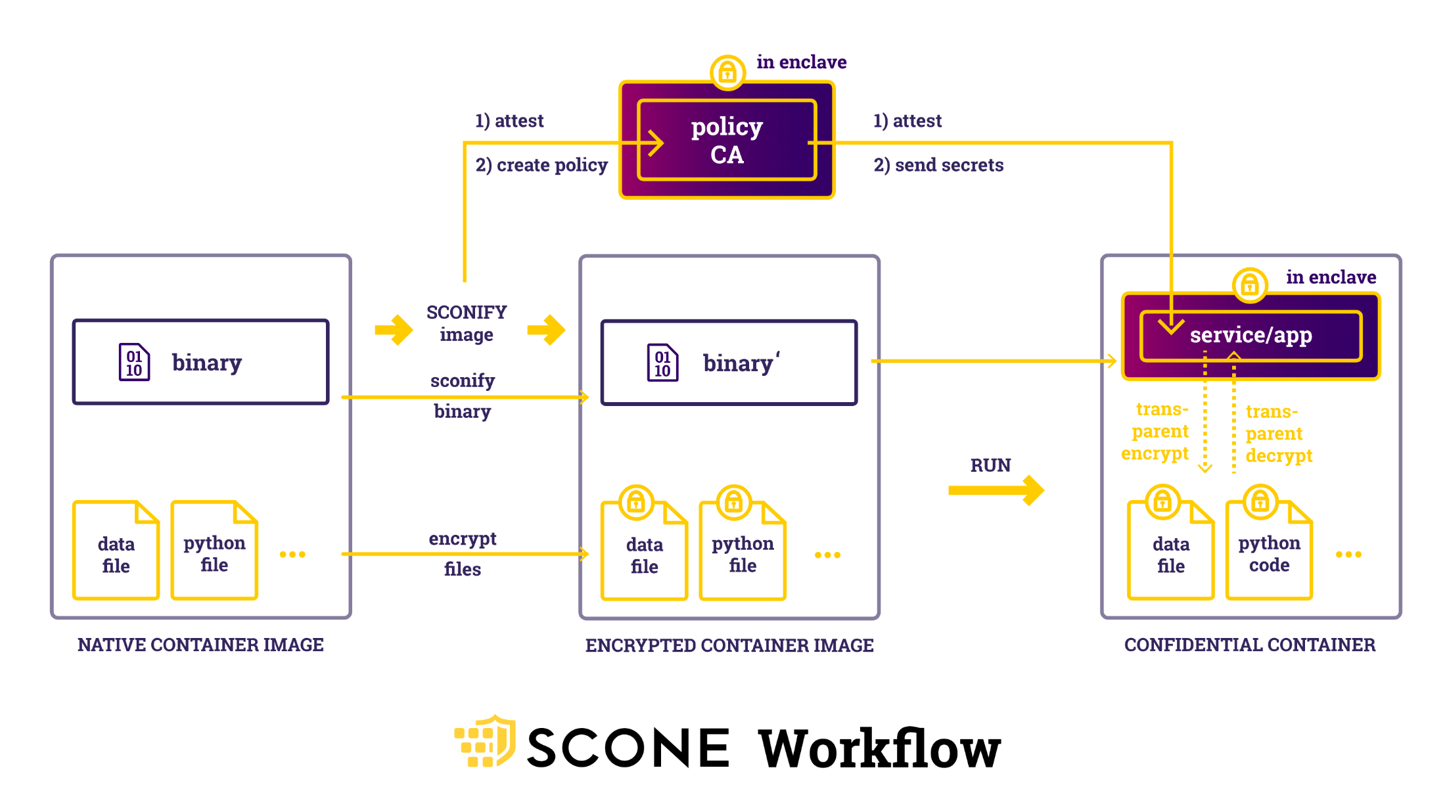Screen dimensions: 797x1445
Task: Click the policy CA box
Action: tap(726, 140)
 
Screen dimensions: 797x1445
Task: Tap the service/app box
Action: tap(1250, 336)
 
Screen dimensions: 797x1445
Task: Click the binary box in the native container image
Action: tap(200, 362)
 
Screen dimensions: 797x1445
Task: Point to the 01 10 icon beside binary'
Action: tap(662, 363)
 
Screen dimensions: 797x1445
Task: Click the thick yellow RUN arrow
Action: tap(996, 490)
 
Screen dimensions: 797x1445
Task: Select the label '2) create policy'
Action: tap(541, 165)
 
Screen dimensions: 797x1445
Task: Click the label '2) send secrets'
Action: tap(938, 165)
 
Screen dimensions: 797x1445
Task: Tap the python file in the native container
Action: tap(214, 551)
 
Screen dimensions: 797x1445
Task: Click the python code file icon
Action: tap(1269, 551)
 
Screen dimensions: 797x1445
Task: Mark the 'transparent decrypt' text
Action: tap(1278, 434)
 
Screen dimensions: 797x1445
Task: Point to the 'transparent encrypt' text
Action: tap(1157, 432)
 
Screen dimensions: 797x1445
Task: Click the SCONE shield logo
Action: tap(486, 742)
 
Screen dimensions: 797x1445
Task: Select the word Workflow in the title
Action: tap(879, 749)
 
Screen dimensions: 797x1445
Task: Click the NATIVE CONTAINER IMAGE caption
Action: tap(200, 645)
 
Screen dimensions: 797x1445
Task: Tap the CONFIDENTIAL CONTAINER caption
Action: tap(1249, 645)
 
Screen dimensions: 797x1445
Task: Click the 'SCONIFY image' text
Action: tap(467, 323)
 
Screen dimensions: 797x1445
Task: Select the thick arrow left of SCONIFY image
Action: tap(394, 329)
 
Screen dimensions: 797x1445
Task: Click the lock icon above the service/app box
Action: tap(1249, 285)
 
